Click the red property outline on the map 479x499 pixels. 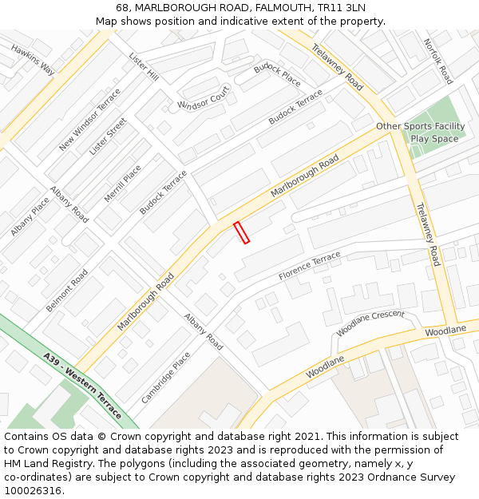pyautogui.click(x=242, y=232)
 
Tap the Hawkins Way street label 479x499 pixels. pyautogui.click(x=33, y=60)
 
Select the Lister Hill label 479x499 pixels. pyautogui.click(x=144, y=67)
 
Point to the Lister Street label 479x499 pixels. pyautogui.click(x=108, y=136)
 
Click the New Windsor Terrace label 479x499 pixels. pyautogui.click(x=89, y=119)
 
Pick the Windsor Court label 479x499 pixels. pyautogui.click(x=204, y=101)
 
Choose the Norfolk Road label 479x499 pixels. pyautogui.click(x=438, y=61)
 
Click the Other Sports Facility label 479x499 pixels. pyautogui.click(x=420, y=126)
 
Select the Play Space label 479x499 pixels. pyautogui.click(x=434, y=138)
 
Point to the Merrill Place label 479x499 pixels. pyautogui.click(x=122, y=184)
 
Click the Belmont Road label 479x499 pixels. pyautogui.click(x=67, y=291)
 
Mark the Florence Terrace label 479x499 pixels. pyautogui.click(x=309, y=266)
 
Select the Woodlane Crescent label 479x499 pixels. pyautogui.click(x=370, y=323)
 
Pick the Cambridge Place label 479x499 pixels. pyautogui.click(x=166, y=378)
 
